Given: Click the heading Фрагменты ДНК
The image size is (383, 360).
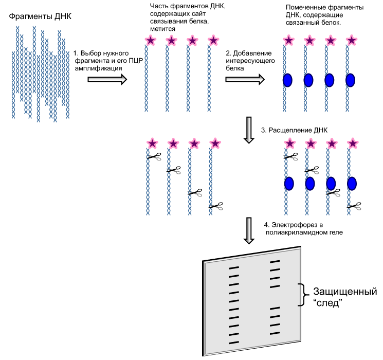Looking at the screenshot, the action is click(40, 16).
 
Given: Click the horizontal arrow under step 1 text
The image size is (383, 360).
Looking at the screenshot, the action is click(107, 79).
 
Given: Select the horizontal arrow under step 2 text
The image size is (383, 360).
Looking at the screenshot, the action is click(245, 79).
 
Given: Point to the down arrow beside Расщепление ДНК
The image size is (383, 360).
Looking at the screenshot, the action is click(249, 130).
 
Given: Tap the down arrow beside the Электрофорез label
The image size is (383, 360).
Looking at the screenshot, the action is click(249, 230).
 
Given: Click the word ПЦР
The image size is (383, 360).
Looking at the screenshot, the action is click(136, 61).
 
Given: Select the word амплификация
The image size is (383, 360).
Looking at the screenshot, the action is click(98, 68).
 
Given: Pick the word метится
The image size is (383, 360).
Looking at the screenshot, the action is click(162, 29).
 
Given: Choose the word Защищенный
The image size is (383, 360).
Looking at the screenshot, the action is click(345, 292).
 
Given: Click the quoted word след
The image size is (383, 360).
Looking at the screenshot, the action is click(327, 303).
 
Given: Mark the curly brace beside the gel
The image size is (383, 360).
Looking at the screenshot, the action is click(303, 295).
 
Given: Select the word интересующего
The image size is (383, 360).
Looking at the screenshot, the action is click(250, 61).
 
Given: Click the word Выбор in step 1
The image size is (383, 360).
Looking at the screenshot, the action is click(89, 53).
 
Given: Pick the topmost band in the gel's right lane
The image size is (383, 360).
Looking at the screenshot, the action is click(275, 262).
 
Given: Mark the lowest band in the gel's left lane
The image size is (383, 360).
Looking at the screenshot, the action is click(234, 343).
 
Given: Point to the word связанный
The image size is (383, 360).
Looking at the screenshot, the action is click(301, 23).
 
